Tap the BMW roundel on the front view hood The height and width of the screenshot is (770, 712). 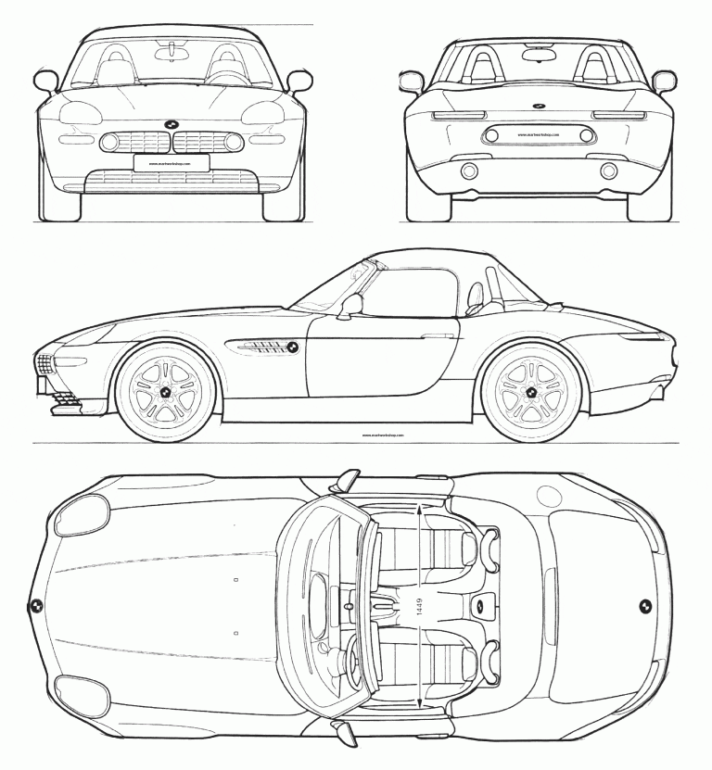click(171, 124)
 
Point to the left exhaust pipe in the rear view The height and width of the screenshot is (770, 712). click(469, 170)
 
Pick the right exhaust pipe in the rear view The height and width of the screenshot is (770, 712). click(609, 170)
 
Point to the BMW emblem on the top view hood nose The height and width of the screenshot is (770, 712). click(35, 606)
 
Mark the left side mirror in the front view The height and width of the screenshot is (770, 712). click(45, 82)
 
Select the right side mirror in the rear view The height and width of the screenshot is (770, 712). click(664, 82)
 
